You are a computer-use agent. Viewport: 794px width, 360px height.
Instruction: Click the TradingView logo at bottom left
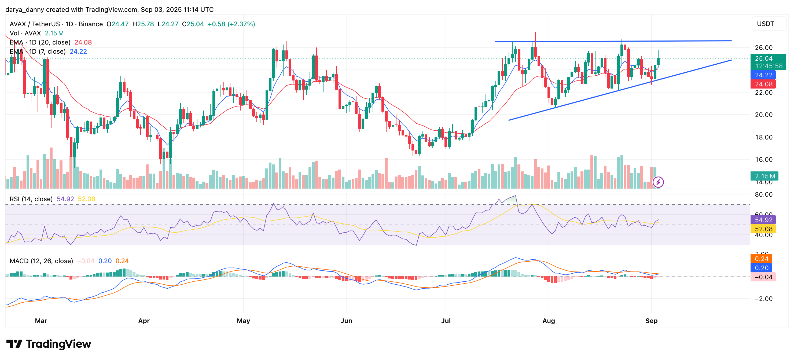[49, 344]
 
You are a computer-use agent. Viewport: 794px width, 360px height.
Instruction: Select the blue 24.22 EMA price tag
[763, 75]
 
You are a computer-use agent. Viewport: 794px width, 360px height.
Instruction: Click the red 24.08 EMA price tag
[763, 84]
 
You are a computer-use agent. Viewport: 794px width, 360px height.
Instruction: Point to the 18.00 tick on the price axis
[763, 137]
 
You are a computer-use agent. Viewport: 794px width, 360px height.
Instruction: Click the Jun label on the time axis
[346, 321]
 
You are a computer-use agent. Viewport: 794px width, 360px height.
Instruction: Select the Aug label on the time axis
[548, 321]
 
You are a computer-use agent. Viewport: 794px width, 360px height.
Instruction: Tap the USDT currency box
[765, 24]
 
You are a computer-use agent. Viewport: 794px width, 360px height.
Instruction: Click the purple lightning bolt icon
[658, 182]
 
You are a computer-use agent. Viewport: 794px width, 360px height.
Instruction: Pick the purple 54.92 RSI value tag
[763, 220]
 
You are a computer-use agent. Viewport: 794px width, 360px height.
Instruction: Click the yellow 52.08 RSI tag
[763, 229]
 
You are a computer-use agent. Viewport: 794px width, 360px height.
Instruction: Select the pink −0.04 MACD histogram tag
[763, 277]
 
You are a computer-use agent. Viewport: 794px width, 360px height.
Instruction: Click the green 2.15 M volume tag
[764, 176]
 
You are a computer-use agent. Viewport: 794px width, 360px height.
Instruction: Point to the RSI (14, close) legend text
[31, 199]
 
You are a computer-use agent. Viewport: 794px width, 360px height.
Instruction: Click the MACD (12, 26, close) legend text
[41, 261]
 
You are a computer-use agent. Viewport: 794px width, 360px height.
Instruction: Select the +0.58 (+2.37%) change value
[231, 24]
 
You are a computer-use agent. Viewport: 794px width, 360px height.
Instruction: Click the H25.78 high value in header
[143, 24]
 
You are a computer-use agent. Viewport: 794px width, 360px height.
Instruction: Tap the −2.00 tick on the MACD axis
[763, 299]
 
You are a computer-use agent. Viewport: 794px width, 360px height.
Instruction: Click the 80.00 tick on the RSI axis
[763, 194]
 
